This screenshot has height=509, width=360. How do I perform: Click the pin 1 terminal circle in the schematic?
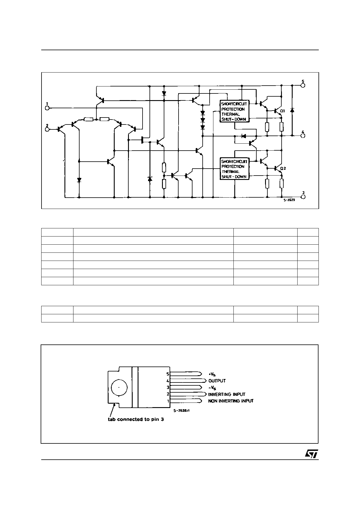click(47, 108)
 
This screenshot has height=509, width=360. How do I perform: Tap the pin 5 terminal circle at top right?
click(303, 85)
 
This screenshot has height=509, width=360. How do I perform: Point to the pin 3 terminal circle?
click(303, 197)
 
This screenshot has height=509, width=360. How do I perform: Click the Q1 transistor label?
click(283, 111)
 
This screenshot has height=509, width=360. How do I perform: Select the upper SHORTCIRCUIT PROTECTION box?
click(234, 111)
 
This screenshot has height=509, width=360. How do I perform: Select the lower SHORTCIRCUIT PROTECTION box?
click(234, 169)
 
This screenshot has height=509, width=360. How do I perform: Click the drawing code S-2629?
click(289, 200)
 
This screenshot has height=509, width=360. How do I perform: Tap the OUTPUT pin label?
click(217, 381)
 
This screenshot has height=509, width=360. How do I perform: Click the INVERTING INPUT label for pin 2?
click(227, 394)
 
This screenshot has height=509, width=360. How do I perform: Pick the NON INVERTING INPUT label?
click(231, 401)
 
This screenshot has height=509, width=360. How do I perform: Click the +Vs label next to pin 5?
click(212, 374)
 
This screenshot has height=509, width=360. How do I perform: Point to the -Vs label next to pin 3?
click(212, 388)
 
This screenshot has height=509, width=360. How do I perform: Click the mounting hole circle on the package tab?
click(119, 387)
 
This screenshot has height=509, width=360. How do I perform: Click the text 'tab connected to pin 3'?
click(136, 419)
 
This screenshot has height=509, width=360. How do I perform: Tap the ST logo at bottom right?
click(311, 454)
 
